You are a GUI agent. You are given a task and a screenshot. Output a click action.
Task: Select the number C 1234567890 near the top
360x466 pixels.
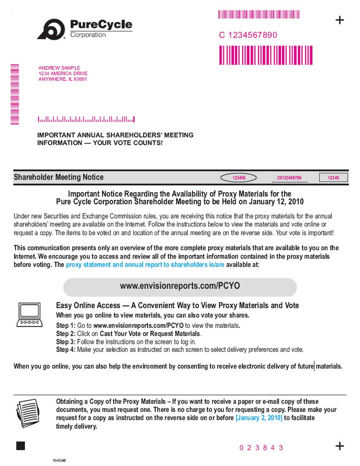[247, 36]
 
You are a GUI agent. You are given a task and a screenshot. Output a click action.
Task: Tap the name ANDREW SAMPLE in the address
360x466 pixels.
[59, 68]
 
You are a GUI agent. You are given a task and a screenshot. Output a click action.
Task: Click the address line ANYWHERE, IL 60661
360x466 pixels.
[62, 79]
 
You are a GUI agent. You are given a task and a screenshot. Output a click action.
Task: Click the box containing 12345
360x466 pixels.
[333, 178]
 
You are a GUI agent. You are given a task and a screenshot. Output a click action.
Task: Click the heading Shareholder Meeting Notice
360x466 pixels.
[58, 177]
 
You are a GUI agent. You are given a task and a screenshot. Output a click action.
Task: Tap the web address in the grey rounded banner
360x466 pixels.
[180, 286]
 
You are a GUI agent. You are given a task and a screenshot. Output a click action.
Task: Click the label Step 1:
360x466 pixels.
[65, 325]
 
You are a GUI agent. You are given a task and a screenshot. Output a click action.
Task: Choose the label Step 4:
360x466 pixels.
[65, 349]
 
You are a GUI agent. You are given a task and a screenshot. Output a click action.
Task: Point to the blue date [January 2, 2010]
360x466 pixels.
[259, 417]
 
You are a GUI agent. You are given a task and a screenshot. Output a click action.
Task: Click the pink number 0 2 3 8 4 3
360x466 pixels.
[258, 447]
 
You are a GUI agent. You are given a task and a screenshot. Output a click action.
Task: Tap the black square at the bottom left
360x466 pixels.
[20, 446]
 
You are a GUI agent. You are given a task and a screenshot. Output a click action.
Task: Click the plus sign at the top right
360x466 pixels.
[339, 20]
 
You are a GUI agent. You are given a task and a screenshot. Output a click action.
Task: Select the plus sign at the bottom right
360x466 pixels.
[339, 446]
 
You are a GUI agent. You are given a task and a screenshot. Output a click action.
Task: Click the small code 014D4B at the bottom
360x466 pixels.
[60, 460]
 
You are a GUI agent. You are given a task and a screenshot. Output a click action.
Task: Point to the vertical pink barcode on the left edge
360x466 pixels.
[14, 94]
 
